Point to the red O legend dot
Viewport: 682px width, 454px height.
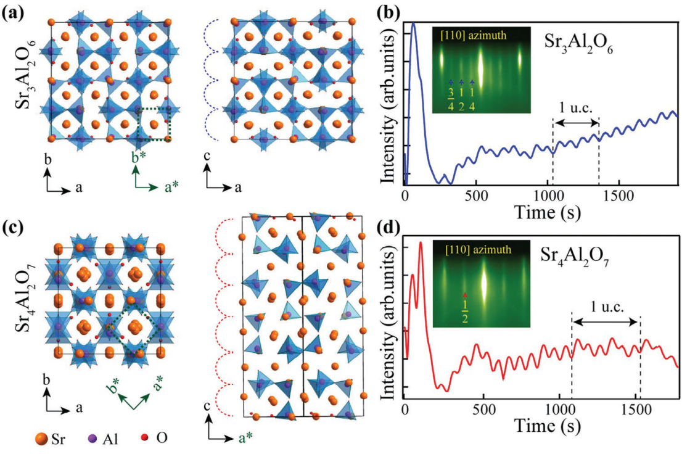[x=146, y=439]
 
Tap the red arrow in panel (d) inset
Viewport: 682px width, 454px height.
[x=465, y=295]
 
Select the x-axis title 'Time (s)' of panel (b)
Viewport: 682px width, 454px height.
[x=540, y=210]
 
